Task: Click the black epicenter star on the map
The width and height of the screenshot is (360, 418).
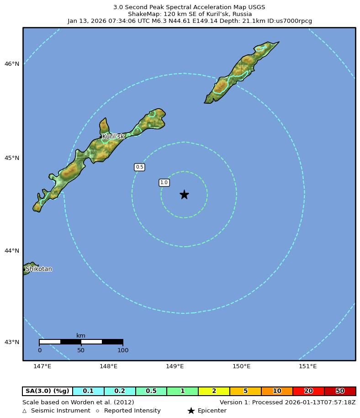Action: [184, 195]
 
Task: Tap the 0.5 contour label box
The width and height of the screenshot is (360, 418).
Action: [139, 167]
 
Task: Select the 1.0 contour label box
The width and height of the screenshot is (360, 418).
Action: [164, 183]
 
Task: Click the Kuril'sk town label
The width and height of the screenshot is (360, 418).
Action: [113, 137]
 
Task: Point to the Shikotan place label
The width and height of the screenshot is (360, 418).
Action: [38, 269]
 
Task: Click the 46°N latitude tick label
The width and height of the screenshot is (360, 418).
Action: [12, 64]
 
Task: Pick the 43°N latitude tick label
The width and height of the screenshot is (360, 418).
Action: [12, 342]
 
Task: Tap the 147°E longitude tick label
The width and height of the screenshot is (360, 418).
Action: [42, 366]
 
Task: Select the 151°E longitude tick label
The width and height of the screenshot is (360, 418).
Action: [307, 366]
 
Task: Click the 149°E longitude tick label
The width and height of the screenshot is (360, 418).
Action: [175, 366]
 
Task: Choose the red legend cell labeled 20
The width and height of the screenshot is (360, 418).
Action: [308, 391]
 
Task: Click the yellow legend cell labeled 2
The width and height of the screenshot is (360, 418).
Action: [214, 391]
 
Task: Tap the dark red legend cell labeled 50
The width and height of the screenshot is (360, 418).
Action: [340, 391]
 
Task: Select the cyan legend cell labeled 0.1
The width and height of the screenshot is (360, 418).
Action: [88, 391]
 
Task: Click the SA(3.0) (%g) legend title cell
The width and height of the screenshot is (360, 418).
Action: [48, 391]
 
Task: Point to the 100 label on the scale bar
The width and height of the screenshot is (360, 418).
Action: [122, 350]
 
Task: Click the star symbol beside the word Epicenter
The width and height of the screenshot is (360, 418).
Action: [191, 411]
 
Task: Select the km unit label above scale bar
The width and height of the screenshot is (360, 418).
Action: [81, 336]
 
